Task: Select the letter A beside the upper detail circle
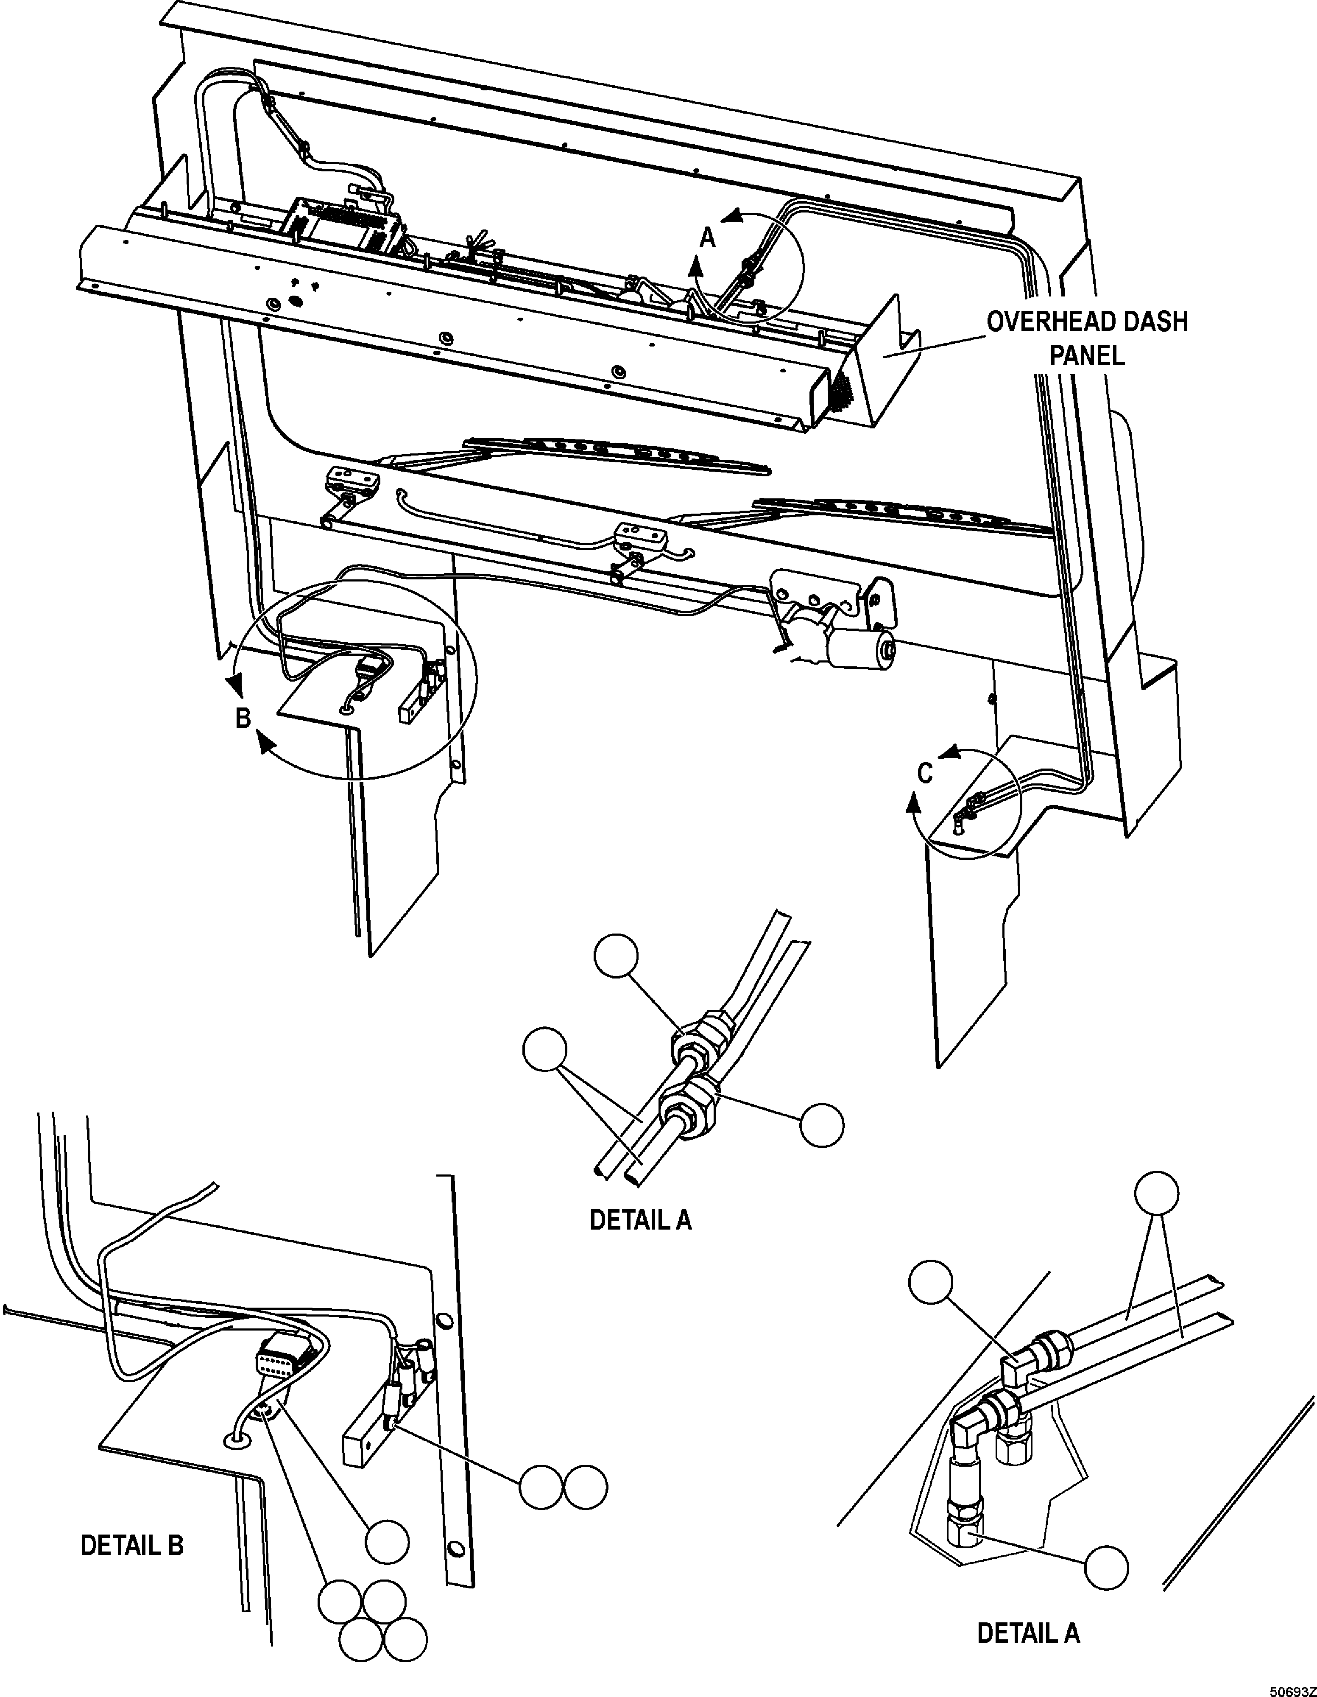(x=707, y=238)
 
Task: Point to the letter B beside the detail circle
(x=243, y=718)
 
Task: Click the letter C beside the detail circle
(x=925, y=773)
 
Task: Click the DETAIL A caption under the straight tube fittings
(x=640, y=1220)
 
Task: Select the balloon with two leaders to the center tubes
(x=545, y=1051)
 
